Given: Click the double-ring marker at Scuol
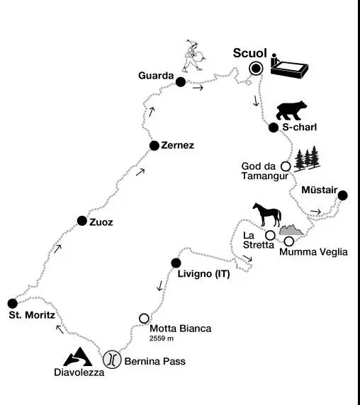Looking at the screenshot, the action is click(256, 69).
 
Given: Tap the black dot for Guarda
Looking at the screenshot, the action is click(181, 82).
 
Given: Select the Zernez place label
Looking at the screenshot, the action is click(178, 145).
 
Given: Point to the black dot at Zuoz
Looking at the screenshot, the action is click(82, 221).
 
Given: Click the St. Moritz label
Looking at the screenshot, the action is click(32, 315).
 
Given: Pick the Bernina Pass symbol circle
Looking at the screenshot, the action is click(112, 359).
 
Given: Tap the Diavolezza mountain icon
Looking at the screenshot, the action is click(77, 357).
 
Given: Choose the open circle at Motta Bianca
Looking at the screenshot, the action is click(144, 319).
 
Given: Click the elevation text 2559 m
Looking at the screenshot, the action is click(162, 338).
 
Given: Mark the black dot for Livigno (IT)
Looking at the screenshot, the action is click(176, 263).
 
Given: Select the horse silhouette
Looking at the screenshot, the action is click(267, 215).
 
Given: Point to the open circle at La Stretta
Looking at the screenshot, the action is click(270, 235).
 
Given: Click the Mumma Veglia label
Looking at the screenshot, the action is click(313, 252).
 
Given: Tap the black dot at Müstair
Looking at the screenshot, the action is click(343, 195).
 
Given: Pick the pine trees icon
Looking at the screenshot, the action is click(307, 159).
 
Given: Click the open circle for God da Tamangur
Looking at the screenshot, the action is click(286, 166).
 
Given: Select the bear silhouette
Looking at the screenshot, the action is click(291, 110).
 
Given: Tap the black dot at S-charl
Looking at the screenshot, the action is click(274, 127).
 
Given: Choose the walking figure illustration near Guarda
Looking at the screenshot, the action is click(194, 56).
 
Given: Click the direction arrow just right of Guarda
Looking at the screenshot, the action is click(198, 88).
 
